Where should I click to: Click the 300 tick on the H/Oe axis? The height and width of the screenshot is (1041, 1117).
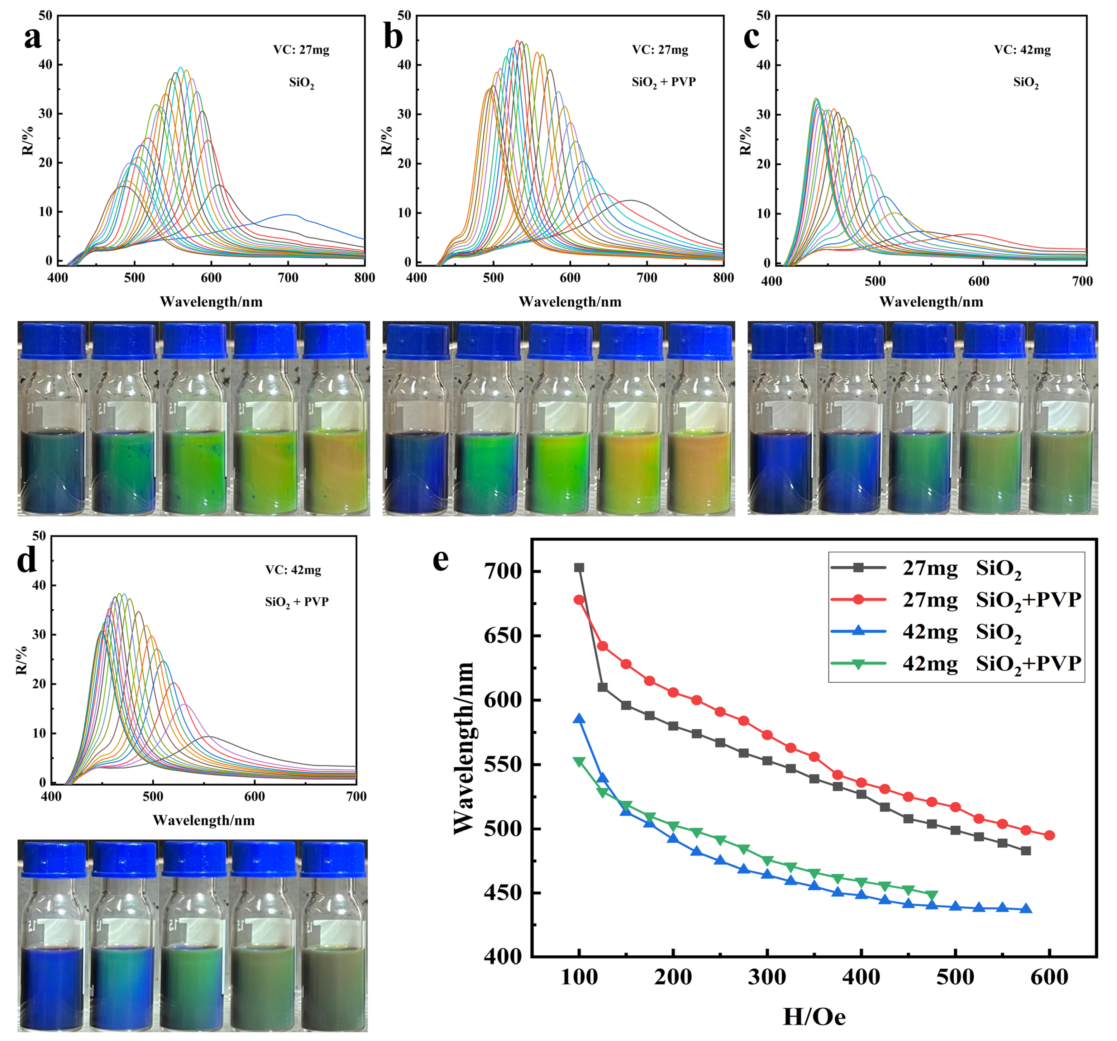(767, 978)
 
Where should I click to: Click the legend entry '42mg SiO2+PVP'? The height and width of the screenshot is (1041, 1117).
(955, 663)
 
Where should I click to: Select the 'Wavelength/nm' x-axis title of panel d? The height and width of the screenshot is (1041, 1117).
(204, 821)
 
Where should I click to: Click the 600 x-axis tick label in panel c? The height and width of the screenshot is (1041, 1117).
(978, 281)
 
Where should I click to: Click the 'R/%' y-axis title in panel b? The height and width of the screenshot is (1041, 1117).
(387, 140)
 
